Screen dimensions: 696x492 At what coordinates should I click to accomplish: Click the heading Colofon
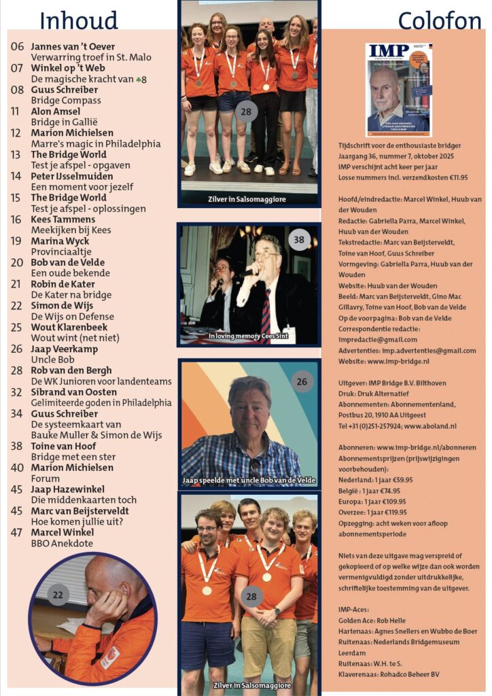[439, 20]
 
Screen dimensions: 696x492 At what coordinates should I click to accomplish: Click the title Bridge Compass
[66, 100]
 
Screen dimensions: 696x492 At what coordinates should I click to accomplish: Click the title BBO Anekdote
[63, 543]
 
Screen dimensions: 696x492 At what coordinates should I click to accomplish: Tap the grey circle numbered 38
[298, 240]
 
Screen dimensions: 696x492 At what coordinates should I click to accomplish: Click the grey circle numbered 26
[302, 381]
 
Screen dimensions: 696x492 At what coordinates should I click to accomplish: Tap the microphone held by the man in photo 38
[244, 272]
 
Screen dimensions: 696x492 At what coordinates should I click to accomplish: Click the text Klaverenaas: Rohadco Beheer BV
[388, 674]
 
